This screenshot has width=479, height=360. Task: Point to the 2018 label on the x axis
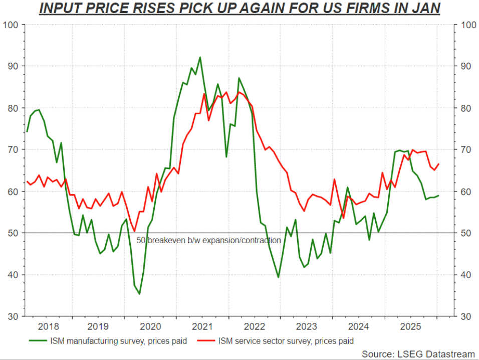tap(48, 326)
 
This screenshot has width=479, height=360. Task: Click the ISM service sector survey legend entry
tap(286, 341)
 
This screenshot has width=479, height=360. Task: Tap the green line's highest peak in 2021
tap(200, 57)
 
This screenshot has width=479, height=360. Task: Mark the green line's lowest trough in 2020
tap(139, 294)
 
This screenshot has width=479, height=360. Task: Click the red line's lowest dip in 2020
tap(134, 231)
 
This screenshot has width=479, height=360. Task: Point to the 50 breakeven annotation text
tap(208, 240)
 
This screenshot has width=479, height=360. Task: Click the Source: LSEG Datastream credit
tap(418, 354)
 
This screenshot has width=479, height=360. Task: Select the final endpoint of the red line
tap(439, 164)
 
